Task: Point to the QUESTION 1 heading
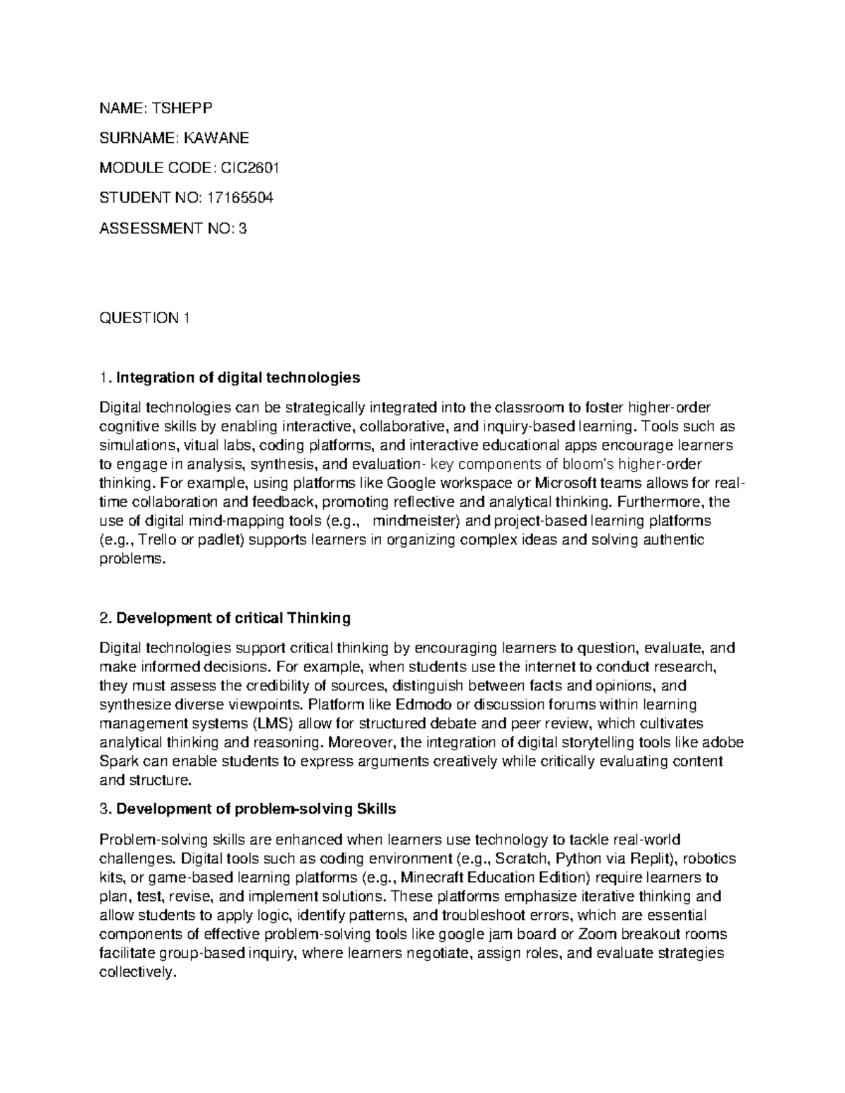[x=145, y=318]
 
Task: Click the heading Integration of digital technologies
[x=238, y=378]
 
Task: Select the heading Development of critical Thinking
[x=233, y=618]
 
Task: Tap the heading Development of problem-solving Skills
[x=256, y=809]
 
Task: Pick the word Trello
[x=158, y=540]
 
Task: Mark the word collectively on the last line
[x=137, y=973]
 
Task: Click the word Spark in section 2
[x=117, y=762]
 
